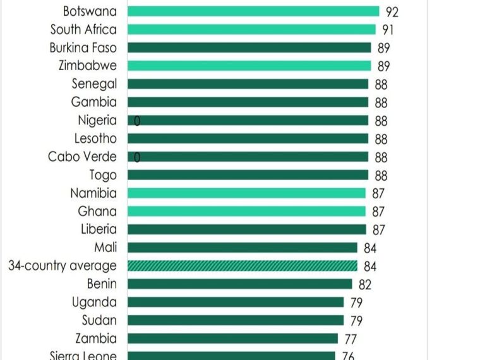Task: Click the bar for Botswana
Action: tap(253, 11)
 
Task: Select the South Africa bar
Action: tap(251, 29)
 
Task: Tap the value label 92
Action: tap(392, 12)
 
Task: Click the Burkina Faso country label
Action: tap(83, 47)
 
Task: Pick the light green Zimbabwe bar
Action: tap(249, 66)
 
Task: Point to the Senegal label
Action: tap(94, 83)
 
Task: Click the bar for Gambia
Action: tap(248, 102)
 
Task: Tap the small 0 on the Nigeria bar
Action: tap(137, 121)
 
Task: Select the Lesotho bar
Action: tap(248, 138)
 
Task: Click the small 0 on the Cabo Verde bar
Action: tap(136, 157)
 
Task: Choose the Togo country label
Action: tap(103, 175)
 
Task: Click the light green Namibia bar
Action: tap(246, 193)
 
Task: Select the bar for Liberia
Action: tap(246, 229)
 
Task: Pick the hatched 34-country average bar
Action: tap(242, 266)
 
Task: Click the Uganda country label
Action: tap(94, 302)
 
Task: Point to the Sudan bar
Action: tap(236, 320)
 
